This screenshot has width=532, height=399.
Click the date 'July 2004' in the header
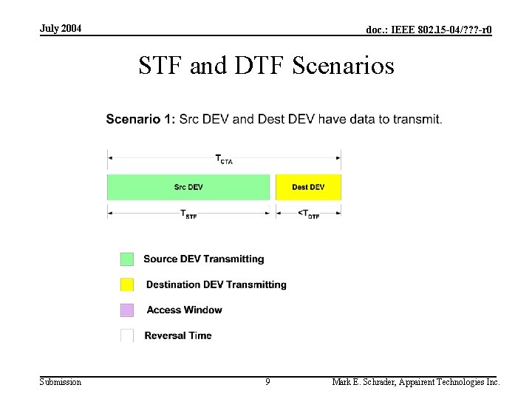[x=61, y=28]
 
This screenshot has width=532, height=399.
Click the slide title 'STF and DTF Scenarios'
[x=266, y=66]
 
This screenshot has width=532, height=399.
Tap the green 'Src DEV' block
[x=188, y=187]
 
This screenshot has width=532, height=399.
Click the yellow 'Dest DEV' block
[x=308, y=187]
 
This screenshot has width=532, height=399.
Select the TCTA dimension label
[x=223, y=159]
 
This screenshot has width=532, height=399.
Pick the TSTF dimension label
[x=189, y=215]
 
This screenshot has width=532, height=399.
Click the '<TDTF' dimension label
[x=308, y=215]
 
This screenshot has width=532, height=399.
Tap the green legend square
[x=127, y=259]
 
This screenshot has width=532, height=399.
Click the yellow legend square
[x=127, y=284]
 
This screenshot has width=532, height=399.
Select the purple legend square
[x=127, y=310]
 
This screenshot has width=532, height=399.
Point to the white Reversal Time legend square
[x=127, y=335]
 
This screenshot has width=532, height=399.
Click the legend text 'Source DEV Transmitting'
[x=203, y=259]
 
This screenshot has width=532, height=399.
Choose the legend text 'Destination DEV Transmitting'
[x=216, y=284]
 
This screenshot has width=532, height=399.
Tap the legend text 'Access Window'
[x=184, y=310]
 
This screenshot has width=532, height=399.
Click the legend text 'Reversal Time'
[x=178, y=335]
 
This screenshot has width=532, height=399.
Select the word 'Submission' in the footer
[x=61, y=382]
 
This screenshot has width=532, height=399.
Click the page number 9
[x=267, y=382]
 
